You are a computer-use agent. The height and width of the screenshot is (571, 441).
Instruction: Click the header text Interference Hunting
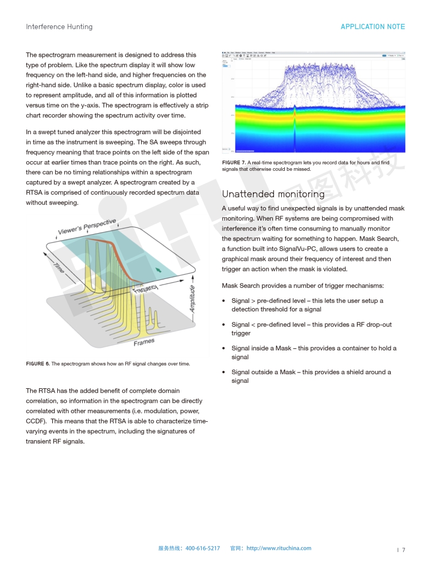[x=59, y=26]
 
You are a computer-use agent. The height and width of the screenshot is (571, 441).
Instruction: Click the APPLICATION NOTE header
[x=372, y=26]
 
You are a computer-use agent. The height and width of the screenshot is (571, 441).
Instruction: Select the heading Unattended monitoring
[x=273, y=194]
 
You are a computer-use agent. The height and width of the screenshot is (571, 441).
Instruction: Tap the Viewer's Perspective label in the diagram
[x=87, y=227]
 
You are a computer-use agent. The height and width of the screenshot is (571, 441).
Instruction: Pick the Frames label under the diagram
[x=144, y=342]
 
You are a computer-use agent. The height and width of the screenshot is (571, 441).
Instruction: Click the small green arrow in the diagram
[x=158, y=269]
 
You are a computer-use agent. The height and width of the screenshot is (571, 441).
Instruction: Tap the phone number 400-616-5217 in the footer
[x=203, y=548]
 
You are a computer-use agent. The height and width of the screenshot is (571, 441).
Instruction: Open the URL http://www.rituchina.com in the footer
[x=278, y=548]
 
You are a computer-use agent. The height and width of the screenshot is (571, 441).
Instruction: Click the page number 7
[x=403, y=550]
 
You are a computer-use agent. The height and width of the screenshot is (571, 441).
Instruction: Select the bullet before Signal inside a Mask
[x=224, y=349]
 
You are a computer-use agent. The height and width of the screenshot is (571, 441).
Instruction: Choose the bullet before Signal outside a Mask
[x=224, y=373]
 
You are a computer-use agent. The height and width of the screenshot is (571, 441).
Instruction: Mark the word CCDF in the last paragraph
[x=35, y=421]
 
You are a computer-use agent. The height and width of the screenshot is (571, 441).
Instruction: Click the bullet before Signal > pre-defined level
[x=224, y=301]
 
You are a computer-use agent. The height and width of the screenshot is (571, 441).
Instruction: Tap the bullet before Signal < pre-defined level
[x=224, y=325]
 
